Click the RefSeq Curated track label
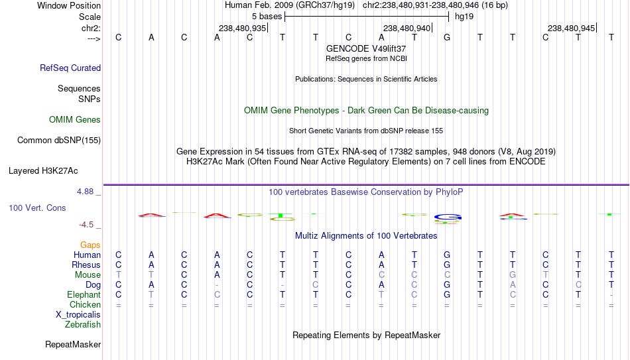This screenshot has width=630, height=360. coord(70,68)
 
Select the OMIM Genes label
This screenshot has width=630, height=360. coord(75,120)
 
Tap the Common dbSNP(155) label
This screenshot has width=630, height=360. coord(59,141)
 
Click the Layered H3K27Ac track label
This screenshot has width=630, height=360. coord(43,171)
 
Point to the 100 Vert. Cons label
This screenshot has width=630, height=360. coord(37,208)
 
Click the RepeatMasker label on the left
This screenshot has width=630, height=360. coord(73,344)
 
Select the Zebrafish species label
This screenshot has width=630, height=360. coord(83,325)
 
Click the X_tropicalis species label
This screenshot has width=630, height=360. coord(78,315)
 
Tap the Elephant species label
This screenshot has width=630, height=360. coord(84,295)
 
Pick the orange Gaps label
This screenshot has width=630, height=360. coord(90,245)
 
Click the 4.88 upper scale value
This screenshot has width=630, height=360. coord(85,192)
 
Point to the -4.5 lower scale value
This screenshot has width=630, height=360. coord(86,225)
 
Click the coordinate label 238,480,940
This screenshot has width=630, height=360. coord(407,28)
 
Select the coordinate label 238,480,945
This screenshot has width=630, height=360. coord(571,28)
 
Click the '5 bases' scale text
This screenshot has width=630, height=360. coord(267,17)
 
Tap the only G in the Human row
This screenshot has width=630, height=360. coord(447,255)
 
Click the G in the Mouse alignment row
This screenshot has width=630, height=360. coord(512,275)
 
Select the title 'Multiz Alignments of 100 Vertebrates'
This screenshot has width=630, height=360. coord(366,236)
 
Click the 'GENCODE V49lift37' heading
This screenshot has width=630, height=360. coord(366,48)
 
